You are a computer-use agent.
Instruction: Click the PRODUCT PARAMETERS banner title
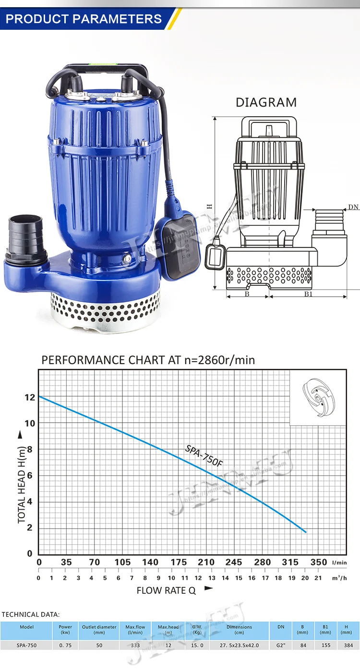[84, 19]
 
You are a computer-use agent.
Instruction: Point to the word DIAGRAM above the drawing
[266, 102]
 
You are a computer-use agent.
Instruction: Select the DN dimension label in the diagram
[353, 207]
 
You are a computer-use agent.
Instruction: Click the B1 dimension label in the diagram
[308, 294]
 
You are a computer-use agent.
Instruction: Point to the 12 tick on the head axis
[30, 397]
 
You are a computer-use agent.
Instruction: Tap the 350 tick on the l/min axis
[318, 562]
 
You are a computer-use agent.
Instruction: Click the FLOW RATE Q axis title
[167, 590]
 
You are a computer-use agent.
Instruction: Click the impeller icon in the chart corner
[317, 397]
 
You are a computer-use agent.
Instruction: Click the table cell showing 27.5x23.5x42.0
[239, 646]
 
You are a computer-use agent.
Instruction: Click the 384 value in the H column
[346, 646]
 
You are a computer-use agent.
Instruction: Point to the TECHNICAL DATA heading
[31, 614]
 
